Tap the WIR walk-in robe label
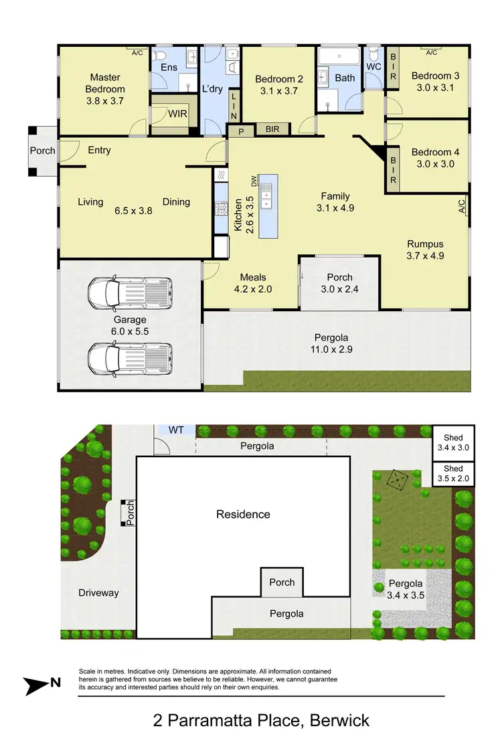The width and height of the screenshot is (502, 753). [177, 114]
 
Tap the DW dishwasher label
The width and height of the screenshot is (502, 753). [254, 181]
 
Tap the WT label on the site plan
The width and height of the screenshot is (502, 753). [175, 429]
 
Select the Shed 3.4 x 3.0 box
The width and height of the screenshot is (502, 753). [453, 442]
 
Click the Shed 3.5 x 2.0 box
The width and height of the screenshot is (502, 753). [453, 474]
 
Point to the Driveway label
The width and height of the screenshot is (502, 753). [98, 592]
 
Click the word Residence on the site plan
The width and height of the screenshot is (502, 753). [243, 514]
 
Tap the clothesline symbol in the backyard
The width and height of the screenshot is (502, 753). [398, 479]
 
